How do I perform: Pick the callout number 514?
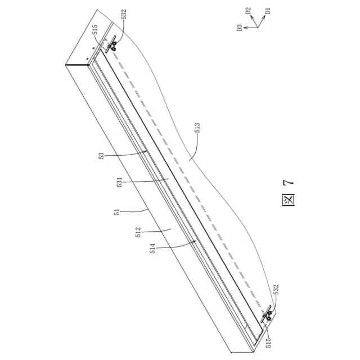(x=153, y=247)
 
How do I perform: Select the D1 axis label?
(x=268, y=10)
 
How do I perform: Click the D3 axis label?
(x=239, y=27)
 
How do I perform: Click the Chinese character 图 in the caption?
(x=288, y=201)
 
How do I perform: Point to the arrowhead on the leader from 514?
(x=196, y=241)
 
